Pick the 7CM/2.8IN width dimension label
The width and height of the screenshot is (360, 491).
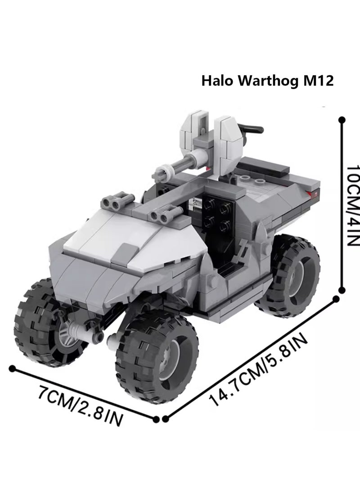coord(80,401)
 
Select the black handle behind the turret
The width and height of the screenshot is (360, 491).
coord(252,129)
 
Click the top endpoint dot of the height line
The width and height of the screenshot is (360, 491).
coord(342,120)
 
